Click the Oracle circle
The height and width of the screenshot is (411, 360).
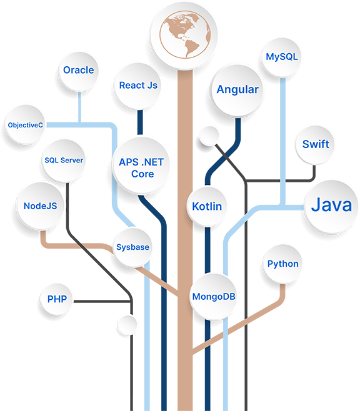pyautogui.click(x=79, y=72)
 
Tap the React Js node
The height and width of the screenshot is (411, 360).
pyautogui.click(x=138, y=86)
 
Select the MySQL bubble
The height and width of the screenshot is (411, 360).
pyautogui.click(x=282, y=57)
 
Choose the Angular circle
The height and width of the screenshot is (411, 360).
pyautogui.click(x=237, y=91)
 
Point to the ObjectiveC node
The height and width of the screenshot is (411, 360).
pyautogui.click(x=25, y=125)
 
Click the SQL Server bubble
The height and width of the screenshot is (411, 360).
pyautogui.click(x=64, y=161)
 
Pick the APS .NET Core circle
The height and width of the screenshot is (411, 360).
pyautogui.click(x=142, y=166)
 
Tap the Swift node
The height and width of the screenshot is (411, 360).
pyautogui.click(x=315, y=145)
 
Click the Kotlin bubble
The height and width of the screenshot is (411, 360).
pyautogui.click(x=207, y=207)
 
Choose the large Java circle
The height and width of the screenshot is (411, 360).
pyautogui.click(x=331, y=207)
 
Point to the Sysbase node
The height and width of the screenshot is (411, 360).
pyautogui.click(x=132, y=248)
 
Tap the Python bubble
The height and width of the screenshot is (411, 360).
pyautogui.click(x=282, y=264)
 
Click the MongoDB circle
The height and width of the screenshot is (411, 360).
pyautogui.click(x=213, y=297)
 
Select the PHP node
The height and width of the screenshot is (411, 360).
pyautogui.click(x=57, y=299)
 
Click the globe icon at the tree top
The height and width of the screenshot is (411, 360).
pyautogui.click(x=184, y=35)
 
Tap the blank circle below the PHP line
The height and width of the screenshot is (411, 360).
pyautogui.click(x=127, y=325)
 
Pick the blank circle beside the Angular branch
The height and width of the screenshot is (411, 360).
pyautogui.click(x=209, y=136)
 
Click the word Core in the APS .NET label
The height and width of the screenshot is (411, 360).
pyautogui.click(x=142, y=174)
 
